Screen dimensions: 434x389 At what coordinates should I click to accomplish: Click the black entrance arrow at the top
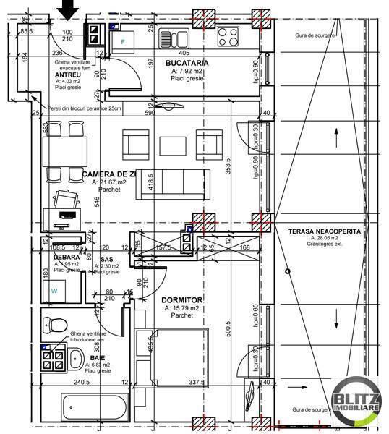click(69, 9)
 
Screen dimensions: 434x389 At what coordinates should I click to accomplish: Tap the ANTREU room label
click(68, 75)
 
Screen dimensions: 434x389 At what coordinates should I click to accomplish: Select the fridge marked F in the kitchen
click(124, 41)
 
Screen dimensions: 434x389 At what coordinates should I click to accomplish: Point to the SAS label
click(106, 258)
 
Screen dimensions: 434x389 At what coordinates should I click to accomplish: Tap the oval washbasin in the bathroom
click(75, 357)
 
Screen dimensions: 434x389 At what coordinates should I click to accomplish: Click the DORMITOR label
click(182, 299)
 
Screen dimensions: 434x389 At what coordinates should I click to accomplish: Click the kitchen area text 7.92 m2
click(188, 72)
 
